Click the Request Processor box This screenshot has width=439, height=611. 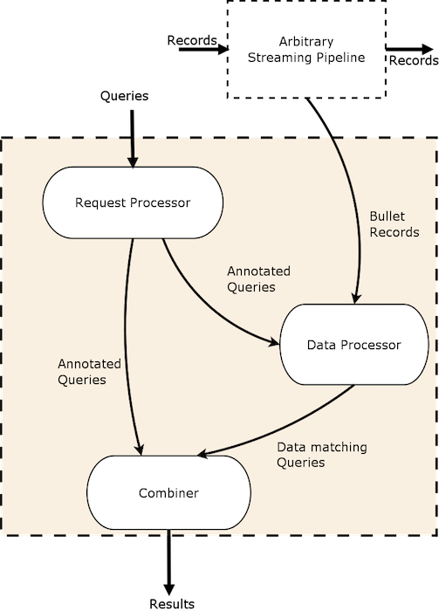[133, 203]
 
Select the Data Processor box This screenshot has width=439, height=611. [354, 345]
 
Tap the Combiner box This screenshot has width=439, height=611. [168, 492]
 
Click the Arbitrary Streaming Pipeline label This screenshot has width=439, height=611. [306, 50]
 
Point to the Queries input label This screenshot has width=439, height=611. [124, 96]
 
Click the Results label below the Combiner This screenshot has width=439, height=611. [172, 604]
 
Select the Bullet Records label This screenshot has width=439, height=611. [394, 224]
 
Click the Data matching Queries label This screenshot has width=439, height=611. [322, 455]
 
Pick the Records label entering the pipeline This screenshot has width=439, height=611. [192, 40]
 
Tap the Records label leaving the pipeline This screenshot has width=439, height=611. [414, 60]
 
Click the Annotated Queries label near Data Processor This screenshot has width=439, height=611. [258, 279]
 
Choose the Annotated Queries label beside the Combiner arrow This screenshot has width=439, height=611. [89, 372]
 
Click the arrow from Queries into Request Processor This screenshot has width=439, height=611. [133, 139]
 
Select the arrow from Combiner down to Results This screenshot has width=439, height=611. [168, 562]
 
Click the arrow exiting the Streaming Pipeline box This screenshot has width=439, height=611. [409, 49]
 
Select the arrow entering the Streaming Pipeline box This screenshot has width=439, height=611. [203, 50]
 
